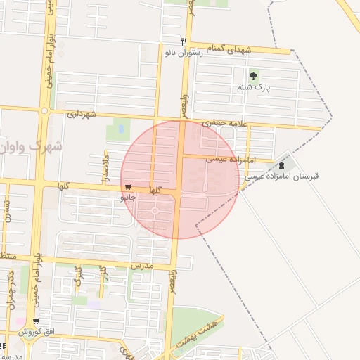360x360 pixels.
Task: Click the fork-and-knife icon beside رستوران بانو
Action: pos(184,41)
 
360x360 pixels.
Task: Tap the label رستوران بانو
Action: pos(184,53)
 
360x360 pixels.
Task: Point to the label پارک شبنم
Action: pos(253,88)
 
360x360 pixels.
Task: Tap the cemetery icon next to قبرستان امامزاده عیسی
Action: pos(283,165)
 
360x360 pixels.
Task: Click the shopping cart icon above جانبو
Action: pos(127,187)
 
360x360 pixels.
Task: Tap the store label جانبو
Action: pos(128,198)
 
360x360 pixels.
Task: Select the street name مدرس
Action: pos(141,266)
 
